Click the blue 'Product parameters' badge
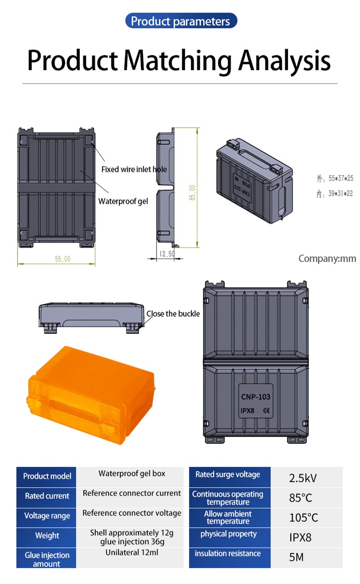[x=181, y=21]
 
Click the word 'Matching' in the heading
[x=177, y=61]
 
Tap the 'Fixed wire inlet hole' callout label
[x=134, y=170]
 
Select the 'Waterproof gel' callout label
[x=123, y=201]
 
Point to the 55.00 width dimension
[x=63, y=259]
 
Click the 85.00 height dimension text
[x=193, y=193]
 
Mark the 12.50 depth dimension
[x=167, y=254]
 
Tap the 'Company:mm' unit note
[x=327, y=259]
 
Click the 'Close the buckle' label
[x=173, y=314]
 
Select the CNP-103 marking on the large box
[x=256, y=397]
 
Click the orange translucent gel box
[x=91, y=395]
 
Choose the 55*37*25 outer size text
[x=341, y=178]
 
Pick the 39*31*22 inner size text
[x=341, y=193]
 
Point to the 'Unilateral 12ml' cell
[x=132, y=553]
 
